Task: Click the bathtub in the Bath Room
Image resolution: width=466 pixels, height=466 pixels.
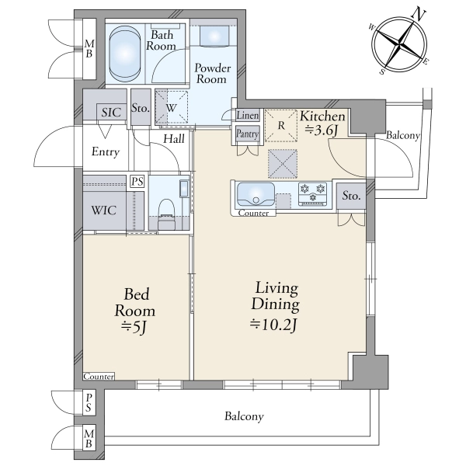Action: pos(125,54)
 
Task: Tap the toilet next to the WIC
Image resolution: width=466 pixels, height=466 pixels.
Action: pos(166,213)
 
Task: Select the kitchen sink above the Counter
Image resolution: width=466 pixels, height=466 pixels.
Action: pos(256,194)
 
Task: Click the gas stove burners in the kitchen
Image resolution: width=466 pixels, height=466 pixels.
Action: pos(313,193)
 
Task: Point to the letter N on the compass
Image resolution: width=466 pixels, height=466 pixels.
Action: pos(419,15)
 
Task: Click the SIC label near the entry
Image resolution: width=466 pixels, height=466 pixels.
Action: pos(111,113)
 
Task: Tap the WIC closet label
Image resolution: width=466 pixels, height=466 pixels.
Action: pos(104,210)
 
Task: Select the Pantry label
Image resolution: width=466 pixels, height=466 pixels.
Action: pos(247,134)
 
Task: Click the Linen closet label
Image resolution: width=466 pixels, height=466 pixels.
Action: pos(248,115)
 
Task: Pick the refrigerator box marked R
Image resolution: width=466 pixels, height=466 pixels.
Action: pos(281,125)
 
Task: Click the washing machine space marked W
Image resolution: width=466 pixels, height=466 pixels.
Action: pos(172,107)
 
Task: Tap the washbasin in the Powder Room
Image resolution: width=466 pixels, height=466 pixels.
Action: pos(214,36)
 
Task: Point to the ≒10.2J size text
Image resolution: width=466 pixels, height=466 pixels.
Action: pos(273,325)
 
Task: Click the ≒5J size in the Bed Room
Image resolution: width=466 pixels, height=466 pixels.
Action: pos(134,328)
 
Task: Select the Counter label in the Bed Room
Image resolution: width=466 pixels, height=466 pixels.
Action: pos(99,377)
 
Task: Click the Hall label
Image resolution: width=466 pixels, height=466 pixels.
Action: pos(174,139)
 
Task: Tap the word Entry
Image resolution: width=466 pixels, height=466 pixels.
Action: pos(105,152)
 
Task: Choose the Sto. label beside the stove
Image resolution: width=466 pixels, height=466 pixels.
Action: pos(351,196)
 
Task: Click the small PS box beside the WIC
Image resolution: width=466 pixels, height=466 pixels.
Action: pos(137,181)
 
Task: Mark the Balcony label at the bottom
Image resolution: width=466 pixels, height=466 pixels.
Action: pos(244,416)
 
